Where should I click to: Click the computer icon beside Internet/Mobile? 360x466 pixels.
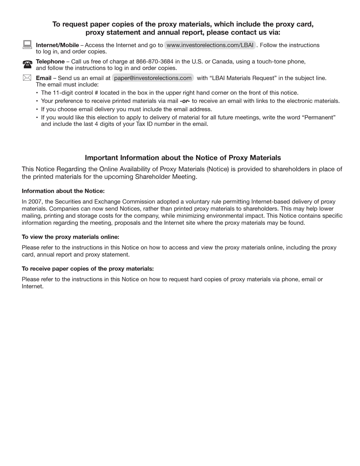pos(27,45)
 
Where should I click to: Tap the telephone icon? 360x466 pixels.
pos(27,64)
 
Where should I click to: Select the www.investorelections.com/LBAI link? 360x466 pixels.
pos(210,45)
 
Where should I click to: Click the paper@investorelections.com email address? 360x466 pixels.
pos(153,78)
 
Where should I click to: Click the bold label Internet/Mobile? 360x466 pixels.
pos(57,45)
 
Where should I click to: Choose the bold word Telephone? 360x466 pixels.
pos(50,62)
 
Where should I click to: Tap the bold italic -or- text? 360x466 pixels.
pos(185,101)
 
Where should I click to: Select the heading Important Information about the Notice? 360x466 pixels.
pos(183,158)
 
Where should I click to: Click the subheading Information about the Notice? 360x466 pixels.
pos(63,191)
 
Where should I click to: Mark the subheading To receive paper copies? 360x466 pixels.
pos(88,268)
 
